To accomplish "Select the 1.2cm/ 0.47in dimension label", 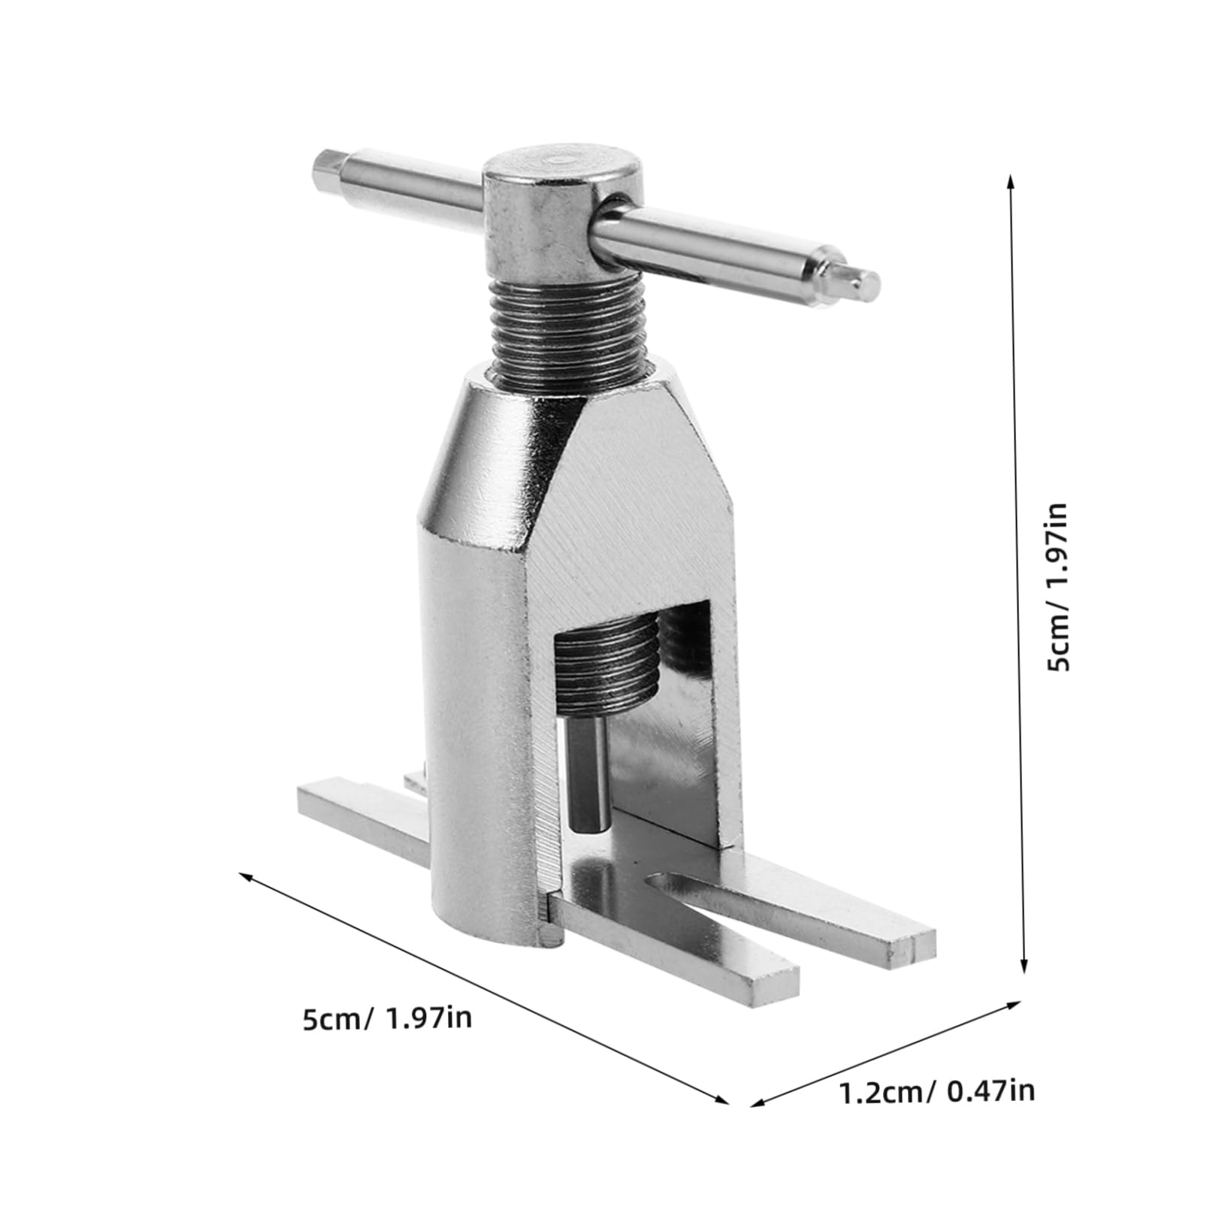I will pyautogui.click(x=936, y=1091).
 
